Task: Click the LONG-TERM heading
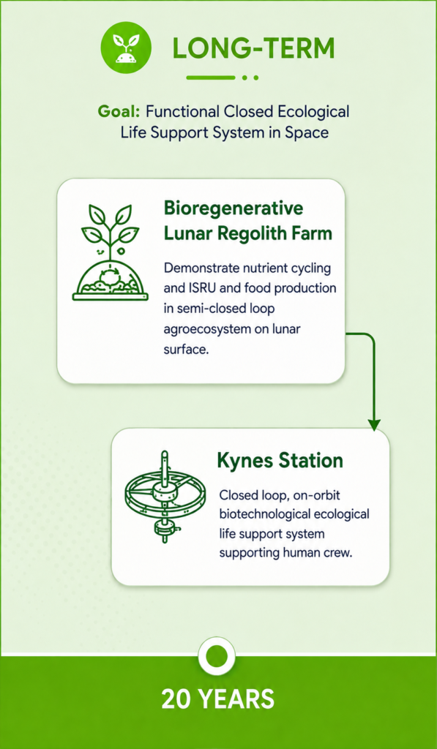coord(253,49)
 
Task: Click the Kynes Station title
coord(280,461)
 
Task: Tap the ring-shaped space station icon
coord(165,496)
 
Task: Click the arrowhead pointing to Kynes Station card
coord(374,425)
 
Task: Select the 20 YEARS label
coord(218,699)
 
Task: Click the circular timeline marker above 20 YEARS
coord(218,653)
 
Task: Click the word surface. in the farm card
coord(187,350)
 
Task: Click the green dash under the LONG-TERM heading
coord(211,77)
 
